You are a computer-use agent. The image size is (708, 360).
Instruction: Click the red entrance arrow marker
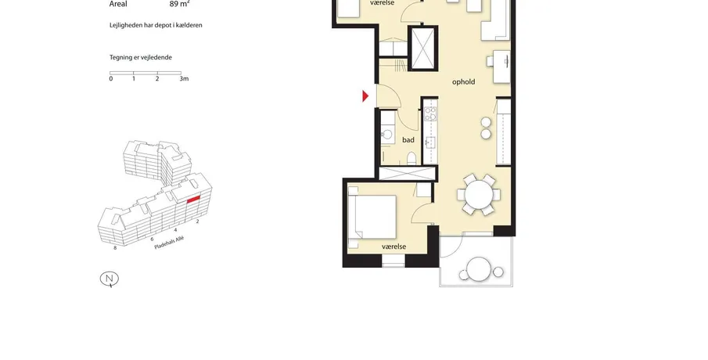(365, 95)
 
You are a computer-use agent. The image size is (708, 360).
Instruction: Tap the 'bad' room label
(408, 140)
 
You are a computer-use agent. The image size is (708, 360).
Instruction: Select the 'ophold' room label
(463, 81)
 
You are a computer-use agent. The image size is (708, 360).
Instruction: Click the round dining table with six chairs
(479, 195)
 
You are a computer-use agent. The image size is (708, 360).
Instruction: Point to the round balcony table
(479, 270)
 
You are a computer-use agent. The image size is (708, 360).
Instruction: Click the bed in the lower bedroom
(372, 217)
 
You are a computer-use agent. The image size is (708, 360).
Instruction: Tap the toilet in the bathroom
(411, 157)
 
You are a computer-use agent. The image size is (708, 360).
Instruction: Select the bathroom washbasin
(387, 134)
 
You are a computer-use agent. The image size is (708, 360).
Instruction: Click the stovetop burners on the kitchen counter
(430, 113)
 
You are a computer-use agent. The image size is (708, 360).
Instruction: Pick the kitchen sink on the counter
(429, 142)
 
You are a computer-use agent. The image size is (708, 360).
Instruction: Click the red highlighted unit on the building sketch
(193, 200)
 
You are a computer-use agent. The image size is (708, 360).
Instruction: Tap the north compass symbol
(110, 279)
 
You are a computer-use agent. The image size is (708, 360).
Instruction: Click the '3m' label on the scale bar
(184, 78)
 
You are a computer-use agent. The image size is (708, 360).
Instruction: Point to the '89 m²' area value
(179, 4)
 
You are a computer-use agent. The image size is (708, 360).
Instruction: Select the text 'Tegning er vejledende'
(140, 57)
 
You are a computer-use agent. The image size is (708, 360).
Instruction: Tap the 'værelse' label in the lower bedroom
(394, 247)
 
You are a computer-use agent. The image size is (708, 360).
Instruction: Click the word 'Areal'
(118, 4)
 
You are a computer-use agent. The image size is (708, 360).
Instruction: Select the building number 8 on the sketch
(115, 247)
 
